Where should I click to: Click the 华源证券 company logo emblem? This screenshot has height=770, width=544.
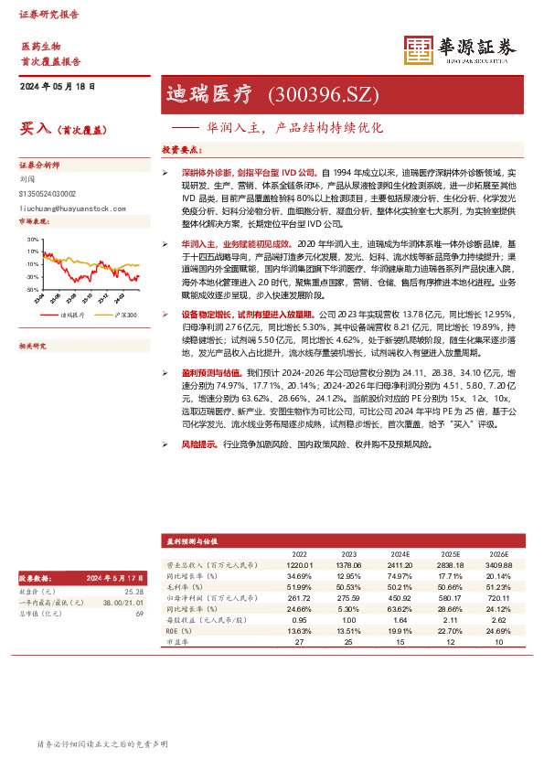pos(419,51)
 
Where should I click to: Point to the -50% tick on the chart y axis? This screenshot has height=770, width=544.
pos(32,288)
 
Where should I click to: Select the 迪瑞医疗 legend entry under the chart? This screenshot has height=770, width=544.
pos(74,315)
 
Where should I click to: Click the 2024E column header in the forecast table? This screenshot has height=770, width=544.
pos(400,553)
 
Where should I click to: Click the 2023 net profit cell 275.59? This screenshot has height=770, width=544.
pos(348,596)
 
